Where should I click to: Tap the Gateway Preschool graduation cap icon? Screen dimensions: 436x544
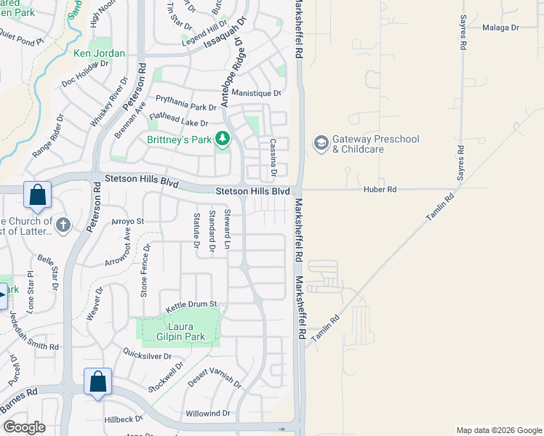321,143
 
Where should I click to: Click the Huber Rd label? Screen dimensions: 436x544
380,190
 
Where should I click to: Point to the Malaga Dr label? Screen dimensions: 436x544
500,28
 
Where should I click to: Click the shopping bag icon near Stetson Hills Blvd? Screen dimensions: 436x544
37,195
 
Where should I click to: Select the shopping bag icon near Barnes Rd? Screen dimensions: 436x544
97,382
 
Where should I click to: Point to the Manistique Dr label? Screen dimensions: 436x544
256,93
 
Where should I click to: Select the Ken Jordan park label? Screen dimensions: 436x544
99,53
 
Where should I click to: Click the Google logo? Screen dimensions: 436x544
23,427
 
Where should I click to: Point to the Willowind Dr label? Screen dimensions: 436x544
207,413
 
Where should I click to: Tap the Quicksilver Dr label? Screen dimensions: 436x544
147,357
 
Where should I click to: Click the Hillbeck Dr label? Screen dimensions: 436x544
124,419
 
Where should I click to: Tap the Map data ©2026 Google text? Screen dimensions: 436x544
498,430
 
